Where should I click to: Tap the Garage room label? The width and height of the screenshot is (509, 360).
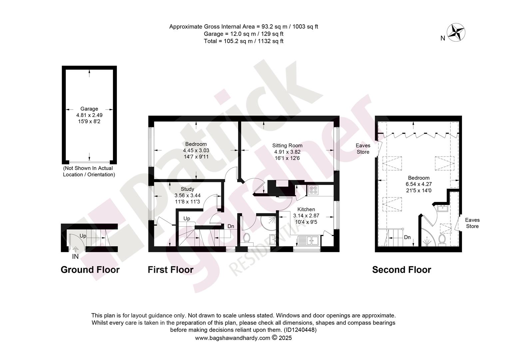pyautogui.click(x=89, y=109)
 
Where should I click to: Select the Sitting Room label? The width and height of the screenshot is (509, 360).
pyautogui.click(x=287, y=146)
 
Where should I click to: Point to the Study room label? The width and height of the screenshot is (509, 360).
pyautogui.click(x=188, y=189)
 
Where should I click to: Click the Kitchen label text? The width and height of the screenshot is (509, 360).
pyautogui.click(x=306, y=209)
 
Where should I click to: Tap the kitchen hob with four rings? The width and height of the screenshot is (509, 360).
pyautogui.click(x=313, y=190)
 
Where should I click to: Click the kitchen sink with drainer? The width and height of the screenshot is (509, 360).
pyautogui.click(x=308, y=240)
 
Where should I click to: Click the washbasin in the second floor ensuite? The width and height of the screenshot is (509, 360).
pyautogui.click(x=442, y=208)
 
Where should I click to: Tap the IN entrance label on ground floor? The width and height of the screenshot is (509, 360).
pyautogui.click(x=75, y=257)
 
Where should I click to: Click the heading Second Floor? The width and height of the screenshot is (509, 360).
pyautogui.click(x=401, y=270)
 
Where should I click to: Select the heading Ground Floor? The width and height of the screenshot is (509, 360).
pyautogui.click(x=90, y=270)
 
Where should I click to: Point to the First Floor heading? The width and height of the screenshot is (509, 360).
pyautogui.click(x=171, y=270)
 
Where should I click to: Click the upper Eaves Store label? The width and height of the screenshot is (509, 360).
pyautogui.click(x=363, y=149)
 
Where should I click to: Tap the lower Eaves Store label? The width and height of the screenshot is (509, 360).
pyautogui.click(x=472, y=223)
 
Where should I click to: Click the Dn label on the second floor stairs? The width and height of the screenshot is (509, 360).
pyautogui.click(x=407, y=237)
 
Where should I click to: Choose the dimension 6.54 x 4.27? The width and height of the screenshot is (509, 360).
pyautogui.click(x=419, y=184)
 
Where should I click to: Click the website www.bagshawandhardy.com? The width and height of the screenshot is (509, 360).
pyautogui.click(x=233, y=338)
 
